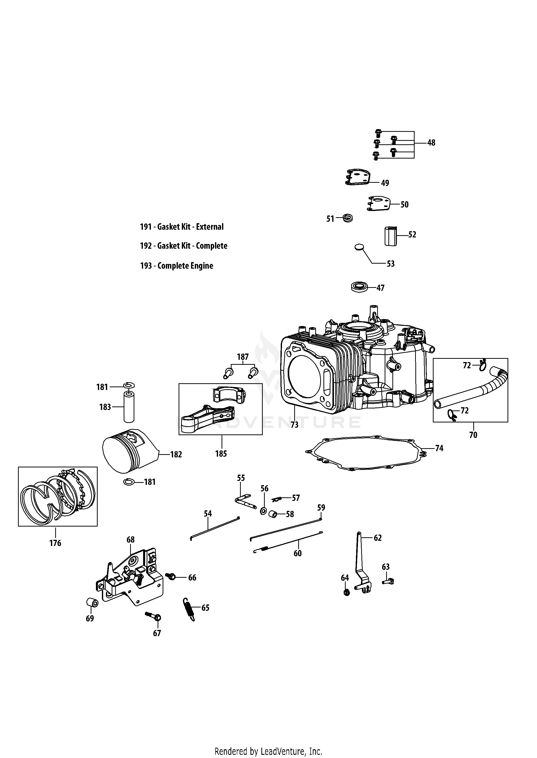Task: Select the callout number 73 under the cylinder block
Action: tap(294, 425)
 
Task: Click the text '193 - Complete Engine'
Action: tap(177, 266)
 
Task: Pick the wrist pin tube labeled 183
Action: tap(129, 407)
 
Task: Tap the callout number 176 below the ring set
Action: tap(55, 543)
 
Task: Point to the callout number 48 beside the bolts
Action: tap(431, 143)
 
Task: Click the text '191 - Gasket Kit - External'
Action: tap(182, 227)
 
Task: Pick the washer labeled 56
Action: tap(263, 511)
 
